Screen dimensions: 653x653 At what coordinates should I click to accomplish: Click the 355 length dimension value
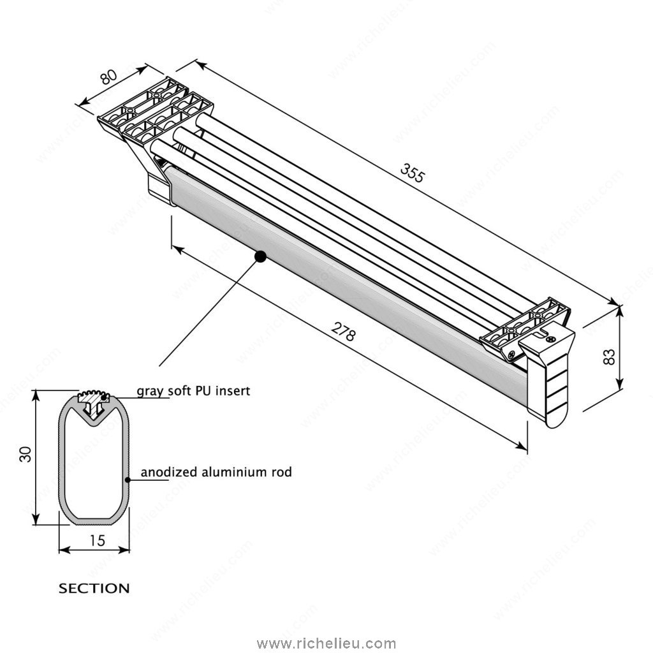click(412, 173)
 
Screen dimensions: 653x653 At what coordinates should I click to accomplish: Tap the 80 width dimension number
click(109, 77)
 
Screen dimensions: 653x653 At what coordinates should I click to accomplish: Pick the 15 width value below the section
click(97, 541)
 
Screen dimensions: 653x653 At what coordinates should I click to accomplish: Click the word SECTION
click(94, 588)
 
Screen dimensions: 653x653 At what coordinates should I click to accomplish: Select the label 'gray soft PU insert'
click(193, 390)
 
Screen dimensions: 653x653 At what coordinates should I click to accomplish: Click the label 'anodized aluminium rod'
click(216, 473)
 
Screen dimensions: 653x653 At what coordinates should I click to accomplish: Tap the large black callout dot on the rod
click(260, 256)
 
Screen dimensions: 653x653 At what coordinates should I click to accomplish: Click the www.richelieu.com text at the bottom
click(326, 643)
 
